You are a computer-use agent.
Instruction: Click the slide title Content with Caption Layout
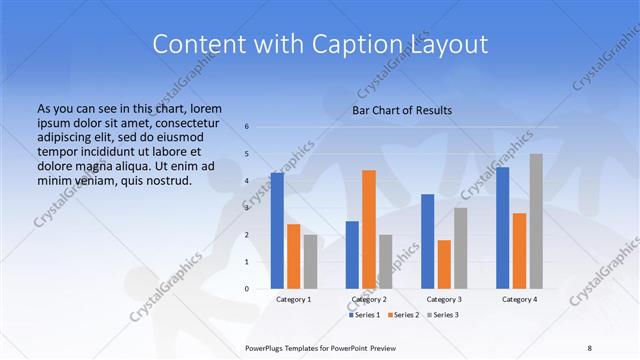(x=319, y=44)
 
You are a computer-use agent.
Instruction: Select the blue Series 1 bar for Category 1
(x=277, y=231)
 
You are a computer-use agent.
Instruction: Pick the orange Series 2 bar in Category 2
(x=368, y=229)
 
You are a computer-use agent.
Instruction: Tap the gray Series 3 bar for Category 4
(x=536, y=221)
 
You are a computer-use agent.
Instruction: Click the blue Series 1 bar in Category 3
(x=427, y=241)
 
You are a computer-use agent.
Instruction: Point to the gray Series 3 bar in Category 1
(x=310, y=261)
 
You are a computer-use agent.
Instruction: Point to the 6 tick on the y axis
(x=247, y=127)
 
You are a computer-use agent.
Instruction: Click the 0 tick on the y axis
(x=247, y=288)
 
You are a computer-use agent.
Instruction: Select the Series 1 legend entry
(x=366, y=314)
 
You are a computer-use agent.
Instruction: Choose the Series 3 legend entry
(x=442, y=314)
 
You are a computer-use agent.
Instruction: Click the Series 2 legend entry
(x=404, y=314)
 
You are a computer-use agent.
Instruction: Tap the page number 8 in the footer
(x=590, y=347)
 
